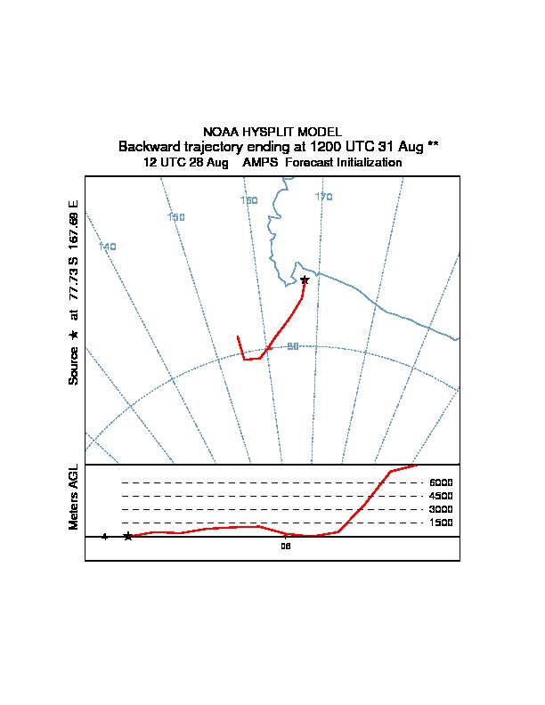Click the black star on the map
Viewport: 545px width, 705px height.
pos(305,280)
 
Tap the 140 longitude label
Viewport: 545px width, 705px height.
pos(108,247)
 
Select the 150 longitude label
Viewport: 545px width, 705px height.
pos(176,217)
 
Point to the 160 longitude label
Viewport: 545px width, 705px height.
pos(249,200)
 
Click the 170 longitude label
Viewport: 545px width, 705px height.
pos(323,197)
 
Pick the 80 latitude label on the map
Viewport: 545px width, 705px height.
pos(292,346)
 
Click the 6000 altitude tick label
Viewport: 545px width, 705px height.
pos(441,482)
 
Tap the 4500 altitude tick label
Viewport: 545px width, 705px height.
pos(441,496)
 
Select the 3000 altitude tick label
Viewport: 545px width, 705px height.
pos(441,509)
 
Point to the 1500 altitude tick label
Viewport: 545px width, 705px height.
pos(441,523)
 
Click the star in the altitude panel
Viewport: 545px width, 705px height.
pos(128,536)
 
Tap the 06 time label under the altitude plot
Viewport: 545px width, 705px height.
pos(286,547)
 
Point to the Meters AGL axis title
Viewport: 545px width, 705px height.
pos(74,497)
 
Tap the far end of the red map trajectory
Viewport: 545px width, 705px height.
pos(238,336)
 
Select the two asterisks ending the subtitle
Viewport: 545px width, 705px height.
pos(433,144)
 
